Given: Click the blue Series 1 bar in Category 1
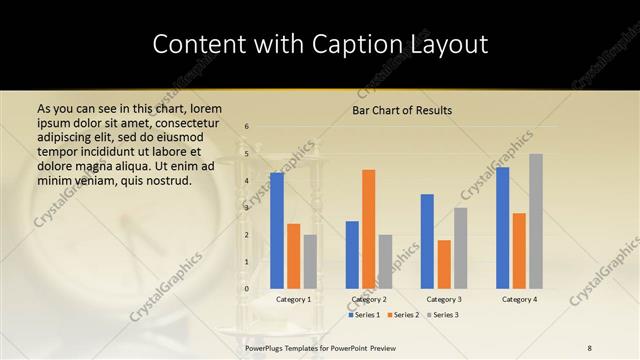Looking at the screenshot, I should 277,231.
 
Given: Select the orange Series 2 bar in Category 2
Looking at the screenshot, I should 369,229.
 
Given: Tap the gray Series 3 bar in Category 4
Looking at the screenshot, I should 536,221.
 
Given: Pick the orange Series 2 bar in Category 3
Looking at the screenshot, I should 444,264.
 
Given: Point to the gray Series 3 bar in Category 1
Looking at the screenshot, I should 310,262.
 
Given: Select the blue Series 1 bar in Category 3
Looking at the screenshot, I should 427,241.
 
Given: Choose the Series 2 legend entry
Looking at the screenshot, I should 402,315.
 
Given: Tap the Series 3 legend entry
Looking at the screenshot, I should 442,315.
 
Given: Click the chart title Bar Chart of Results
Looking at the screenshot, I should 402,110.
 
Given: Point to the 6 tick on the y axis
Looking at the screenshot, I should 247,126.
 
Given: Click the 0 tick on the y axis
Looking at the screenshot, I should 247,289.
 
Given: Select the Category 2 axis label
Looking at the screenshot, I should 369,299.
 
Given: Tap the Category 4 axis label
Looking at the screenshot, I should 519,299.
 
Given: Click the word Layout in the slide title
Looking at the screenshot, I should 448,45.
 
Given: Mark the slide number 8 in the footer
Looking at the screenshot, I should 590,346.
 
